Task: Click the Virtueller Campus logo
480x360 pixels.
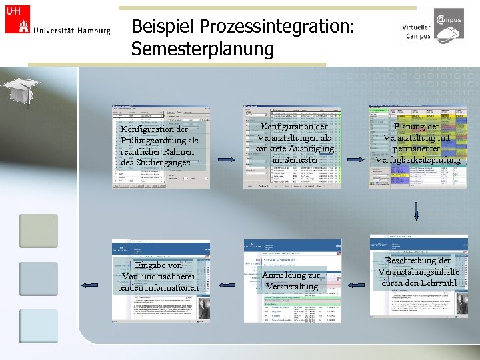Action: tap(434, 27)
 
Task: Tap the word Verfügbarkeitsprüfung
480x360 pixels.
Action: tap(418, 160)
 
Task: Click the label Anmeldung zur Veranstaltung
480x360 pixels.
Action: tap(292, 281)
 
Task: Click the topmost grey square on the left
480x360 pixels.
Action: tap(38, 230)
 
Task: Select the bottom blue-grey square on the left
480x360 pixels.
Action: tap(38, 326)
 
